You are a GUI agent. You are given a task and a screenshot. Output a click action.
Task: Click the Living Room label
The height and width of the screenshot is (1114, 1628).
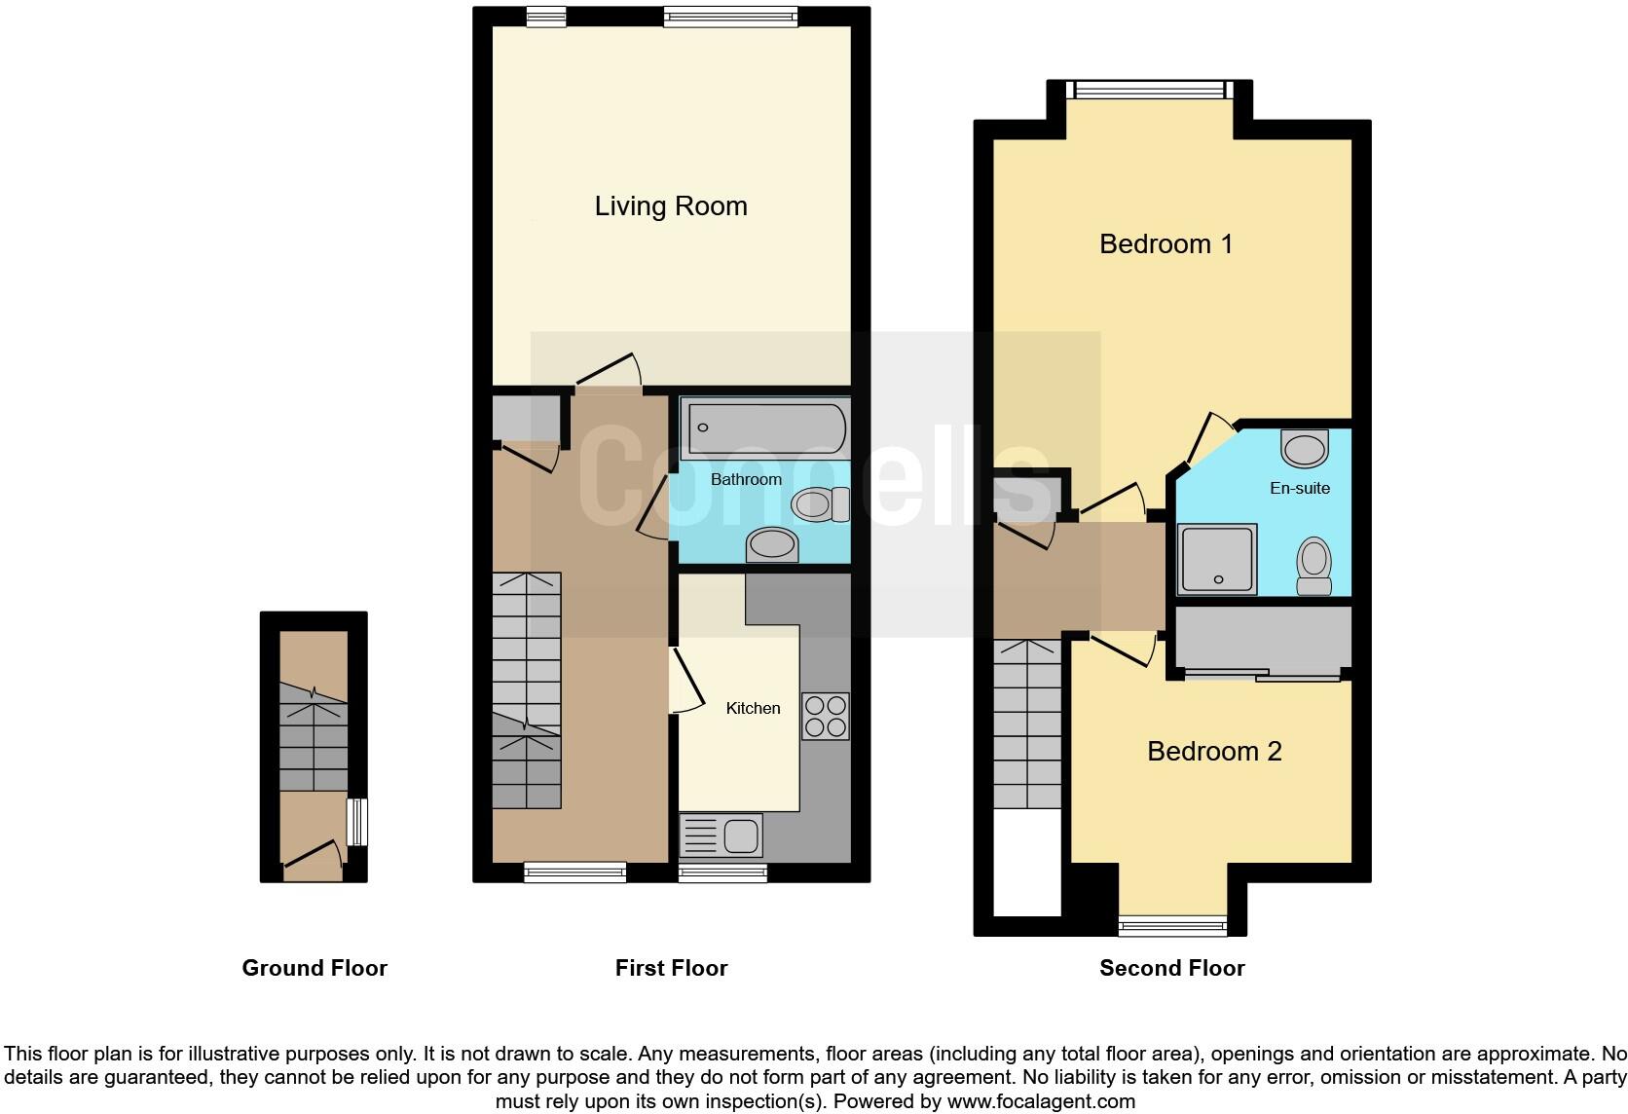(671, 206)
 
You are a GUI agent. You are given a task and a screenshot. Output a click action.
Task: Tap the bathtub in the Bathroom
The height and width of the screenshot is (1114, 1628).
(765, 427)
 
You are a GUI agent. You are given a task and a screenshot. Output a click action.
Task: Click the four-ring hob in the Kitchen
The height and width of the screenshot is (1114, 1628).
(825, 716)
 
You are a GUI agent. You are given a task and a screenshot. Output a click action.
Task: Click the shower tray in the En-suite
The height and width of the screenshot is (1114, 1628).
(1217, 559)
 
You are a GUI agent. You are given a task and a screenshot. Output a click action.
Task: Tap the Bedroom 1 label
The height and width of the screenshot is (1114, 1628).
(1165, 243)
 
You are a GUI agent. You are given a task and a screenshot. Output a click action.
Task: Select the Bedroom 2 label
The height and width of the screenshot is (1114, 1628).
(1213, 751)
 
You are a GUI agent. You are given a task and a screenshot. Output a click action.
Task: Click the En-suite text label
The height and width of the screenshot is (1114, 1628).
(1299, 488)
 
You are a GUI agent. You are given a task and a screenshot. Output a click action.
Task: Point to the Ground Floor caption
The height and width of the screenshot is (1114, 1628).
(314, 968)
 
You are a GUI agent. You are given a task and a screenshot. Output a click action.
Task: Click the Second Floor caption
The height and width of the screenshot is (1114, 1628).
(1171, 968)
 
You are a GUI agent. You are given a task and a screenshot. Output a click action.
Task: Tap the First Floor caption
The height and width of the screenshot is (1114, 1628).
(671, 968)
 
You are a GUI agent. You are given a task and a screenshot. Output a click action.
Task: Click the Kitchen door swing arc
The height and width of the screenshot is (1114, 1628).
(689, 681)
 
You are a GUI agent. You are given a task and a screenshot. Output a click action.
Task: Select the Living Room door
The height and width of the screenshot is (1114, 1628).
(609, 372)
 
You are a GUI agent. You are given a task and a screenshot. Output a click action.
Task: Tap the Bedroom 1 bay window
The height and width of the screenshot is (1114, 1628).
(1149, 90)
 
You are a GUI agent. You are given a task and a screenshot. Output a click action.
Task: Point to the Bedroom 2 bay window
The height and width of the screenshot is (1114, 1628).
(1172, 926)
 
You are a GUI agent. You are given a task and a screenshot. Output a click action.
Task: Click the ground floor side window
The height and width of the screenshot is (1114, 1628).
(357, 822)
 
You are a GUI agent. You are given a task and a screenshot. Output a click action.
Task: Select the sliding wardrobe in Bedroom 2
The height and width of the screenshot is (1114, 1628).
(1263, 641)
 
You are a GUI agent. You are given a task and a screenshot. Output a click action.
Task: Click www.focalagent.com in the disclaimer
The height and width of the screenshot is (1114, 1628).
(1041, 1102)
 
